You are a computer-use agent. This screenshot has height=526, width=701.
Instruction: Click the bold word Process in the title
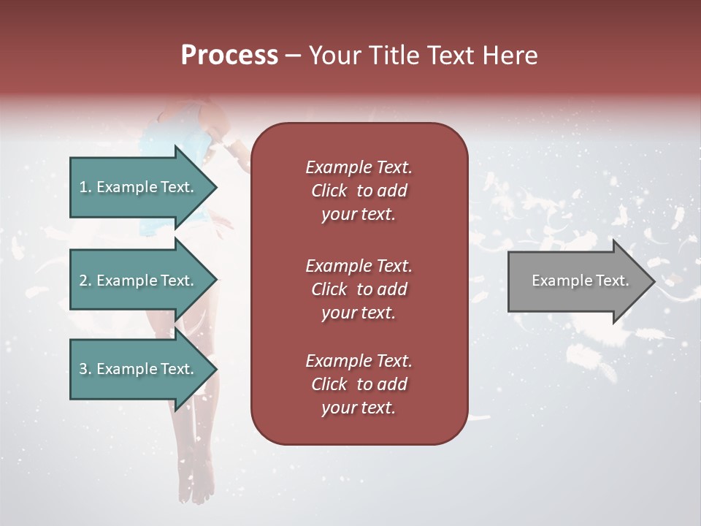[229, 56]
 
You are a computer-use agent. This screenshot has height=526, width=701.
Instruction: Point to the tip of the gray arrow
[654, 281]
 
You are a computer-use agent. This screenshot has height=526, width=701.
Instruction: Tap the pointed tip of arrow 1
[215, 187]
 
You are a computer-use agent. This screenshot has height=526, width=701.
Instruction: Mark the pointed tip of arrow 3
[215, 369]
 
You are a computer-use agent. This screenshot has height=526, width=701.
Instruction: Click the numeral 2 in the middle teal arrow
[83, 281]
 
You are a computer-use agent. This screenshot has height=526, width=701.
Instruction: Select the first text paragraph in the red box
[359, 191]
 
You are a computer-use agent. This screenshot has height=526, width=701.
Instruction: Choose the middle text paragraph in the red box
[359, 289]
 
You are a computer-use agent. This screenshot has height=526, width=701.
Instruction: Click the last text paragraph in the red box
[359, 384]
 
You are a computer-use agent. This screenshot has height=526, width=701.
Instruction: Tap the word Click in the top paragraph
[329, 191]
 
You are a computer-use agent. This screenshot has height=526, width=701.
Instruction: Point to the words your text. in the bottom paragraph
[359, 408]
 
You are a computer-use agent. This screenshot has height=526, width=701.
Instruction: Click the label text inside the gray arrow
[581, 281]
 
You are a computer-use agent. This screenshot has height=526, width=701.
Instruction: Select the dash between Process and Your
[294, 56]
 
